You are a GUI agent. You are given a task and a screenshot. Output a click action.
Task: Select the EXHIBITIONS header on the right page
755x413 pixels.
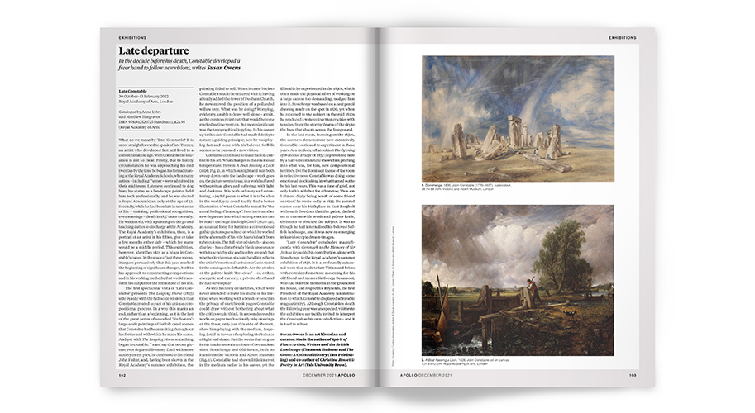point(621,38)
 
